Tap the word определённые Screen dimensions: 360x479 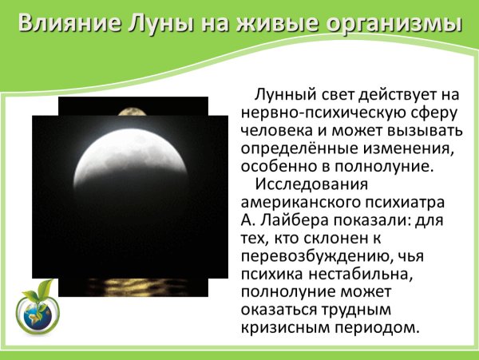pyautogui.click(x=289, y=148)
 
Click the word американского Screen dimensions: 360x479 pyautogui.click(x=297, y=207)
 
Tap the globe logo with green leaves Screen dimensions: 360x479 pyautogui.click(x=35, y=307)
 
